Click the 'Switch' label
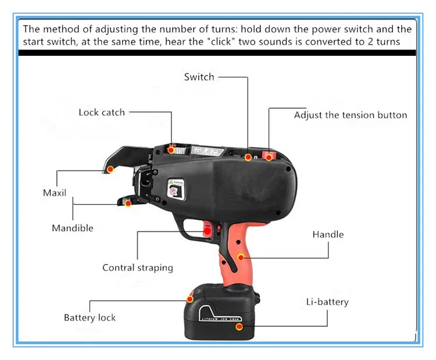coord(199,77)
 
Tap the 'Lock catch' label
coord(102,112)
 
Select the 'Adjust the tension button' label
coord(350,115)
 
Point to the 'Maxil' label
coord(55,193)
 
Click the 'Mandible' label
coord(72,228)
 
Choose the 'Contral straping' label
coord(138,268)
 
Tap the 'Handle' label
coord(328,234)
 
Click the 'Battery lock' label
coord(90,318)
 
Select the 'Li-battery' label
coord(327,302)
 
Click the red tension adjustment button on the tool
coord(269,155)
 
